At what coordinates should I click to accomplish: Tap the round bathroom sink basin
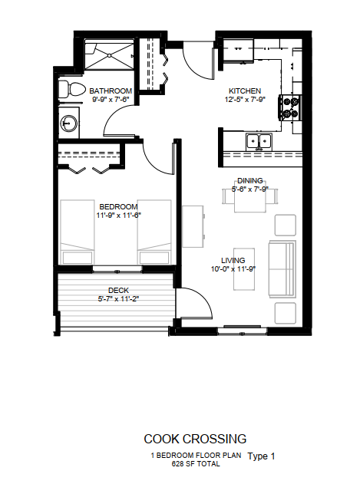[68, 123]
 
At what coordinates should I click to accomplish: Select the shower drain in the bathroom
[109, 55]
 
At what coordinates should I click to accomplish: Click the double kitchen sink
[259, 142]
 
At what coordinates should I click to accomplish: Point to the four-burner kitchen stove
[290, 107]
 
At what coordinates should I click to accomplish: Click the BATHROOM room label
[111, 91]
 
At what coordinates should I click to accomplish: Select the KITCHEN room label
[245, 91]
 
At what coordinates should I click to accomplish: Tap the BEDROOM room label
[119, 206]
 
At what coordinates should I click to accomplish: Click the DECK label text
[119, 291]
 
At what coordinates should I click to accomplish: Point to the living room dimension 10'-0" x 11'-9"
[233, 269]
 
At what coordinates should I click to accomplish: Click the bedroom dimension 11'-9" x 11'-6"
[119, 215]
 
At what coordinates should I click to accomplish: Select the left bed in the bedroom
[78, 232]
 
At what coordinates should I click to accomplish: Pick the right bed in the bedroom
[154, 232]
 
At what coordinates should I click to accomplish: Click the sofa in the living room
[282, 269]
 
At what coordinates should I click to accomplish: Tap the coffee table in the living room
[244, 269]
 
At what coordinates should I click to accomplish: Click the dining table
[250, 199]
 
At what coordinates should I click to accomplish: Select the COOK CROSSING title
[195, 439]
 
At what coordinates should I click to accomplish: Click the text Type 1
[261, 456]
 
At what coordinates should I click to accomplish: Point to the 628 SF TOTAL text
[196, 463]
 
